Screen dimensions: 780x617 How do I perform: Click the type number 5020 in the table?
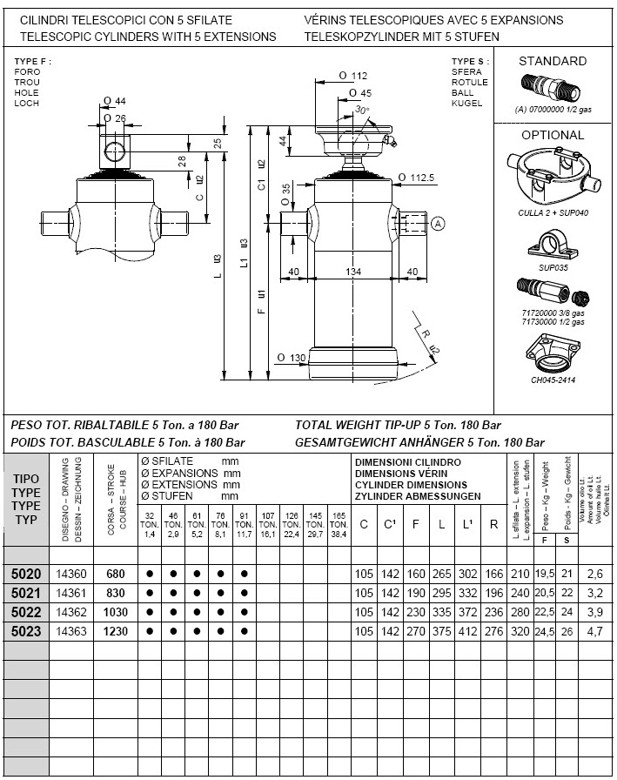tap(27, 575)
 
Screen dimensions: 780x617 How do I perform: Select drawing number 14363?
tap(72, 632)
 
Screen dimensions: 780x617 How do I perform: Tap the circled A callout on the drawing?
tap(438, 224)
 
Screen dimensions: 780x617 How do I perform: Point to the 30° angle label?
tap(362, 110)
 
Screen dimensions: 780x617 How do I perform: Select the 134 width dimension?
tap(353, 272)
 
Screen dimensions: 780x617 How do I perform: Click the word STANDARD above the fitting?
tap(552, 61)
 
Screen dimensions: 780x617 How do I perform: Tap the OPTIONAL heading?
tap(552, 135)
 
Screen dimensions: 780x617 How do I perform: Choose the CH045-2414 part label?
tap(552, 380)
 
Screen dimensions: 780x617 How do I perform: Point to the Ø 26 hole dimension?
tap(114, 118)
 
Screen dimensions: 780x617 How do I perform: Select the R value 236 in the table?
tap(494, 613)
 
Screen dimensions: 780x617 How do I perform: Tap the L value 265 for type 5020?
tap(443, 575)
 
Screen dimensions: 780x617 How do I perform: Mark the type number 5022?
tap(27, 613)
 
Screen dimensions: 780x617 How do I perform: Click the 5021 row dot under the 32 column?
tap(151, 594)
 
